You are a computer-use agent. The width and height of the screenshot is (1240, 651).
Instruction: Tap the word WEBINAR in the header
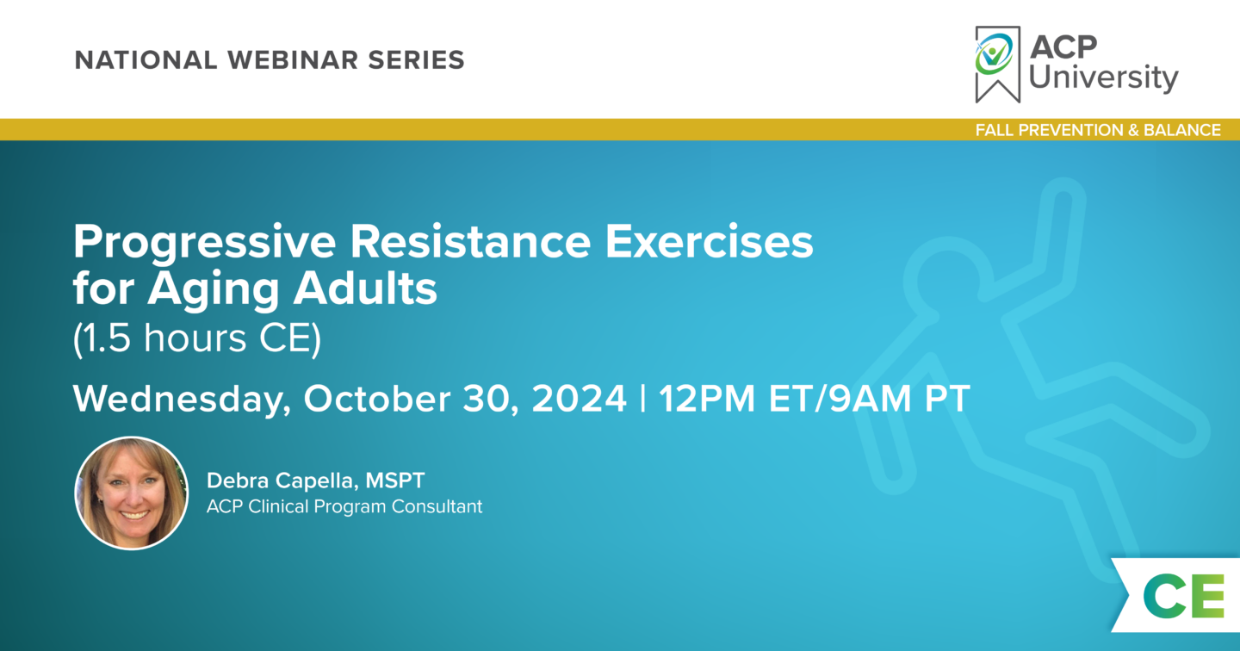point(293,60)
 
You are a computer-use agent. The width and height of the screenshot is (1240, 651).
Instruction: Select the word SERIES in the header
point(416,60)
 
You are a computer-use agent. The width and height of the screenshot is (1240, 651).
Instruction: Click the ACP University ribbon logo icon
point(997,65)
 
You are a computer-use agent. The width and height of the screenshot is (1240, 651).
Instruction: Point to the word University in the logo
point(1103,77)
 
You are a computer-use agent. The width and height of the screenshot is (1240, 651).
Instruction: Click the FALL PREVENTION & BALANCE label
point(1098,130)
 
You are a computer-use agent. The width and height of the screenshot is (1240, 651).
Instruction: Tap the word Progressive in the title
point(204,243)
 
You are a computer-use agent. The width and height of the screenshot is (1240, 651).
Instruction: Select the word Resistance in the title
point(470,241)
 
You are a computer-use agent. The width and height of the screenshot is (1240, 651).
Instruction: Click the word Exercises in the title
point(710,241)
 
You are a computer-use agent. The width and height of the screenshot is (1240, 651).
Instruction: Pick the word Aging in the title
point(214,289)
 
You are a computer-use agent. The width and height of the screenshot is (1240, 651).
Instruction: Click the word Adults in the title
point(365,288)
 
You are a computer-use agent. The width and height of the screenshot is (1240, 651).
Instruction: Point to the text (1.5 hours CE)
point(197,338)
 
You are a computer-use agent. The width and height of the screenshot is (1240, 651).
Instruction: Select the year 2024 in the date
point(579,398)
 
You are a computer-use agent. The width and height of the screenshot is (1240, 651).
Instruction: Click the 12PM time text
point(707,398)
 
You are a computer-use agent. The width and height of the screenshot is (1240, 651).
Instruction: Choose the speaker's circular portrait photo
point(132,493)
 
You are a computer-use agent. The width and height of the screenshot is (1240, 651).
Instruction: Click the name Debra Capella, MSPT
point(315,480)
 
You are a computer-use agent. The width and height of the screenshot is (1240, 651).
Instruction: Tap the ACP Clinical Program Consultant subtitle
point(344,506)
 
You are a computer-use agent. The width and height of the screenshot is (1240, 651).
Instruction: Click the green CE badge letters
point(1183,596)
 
